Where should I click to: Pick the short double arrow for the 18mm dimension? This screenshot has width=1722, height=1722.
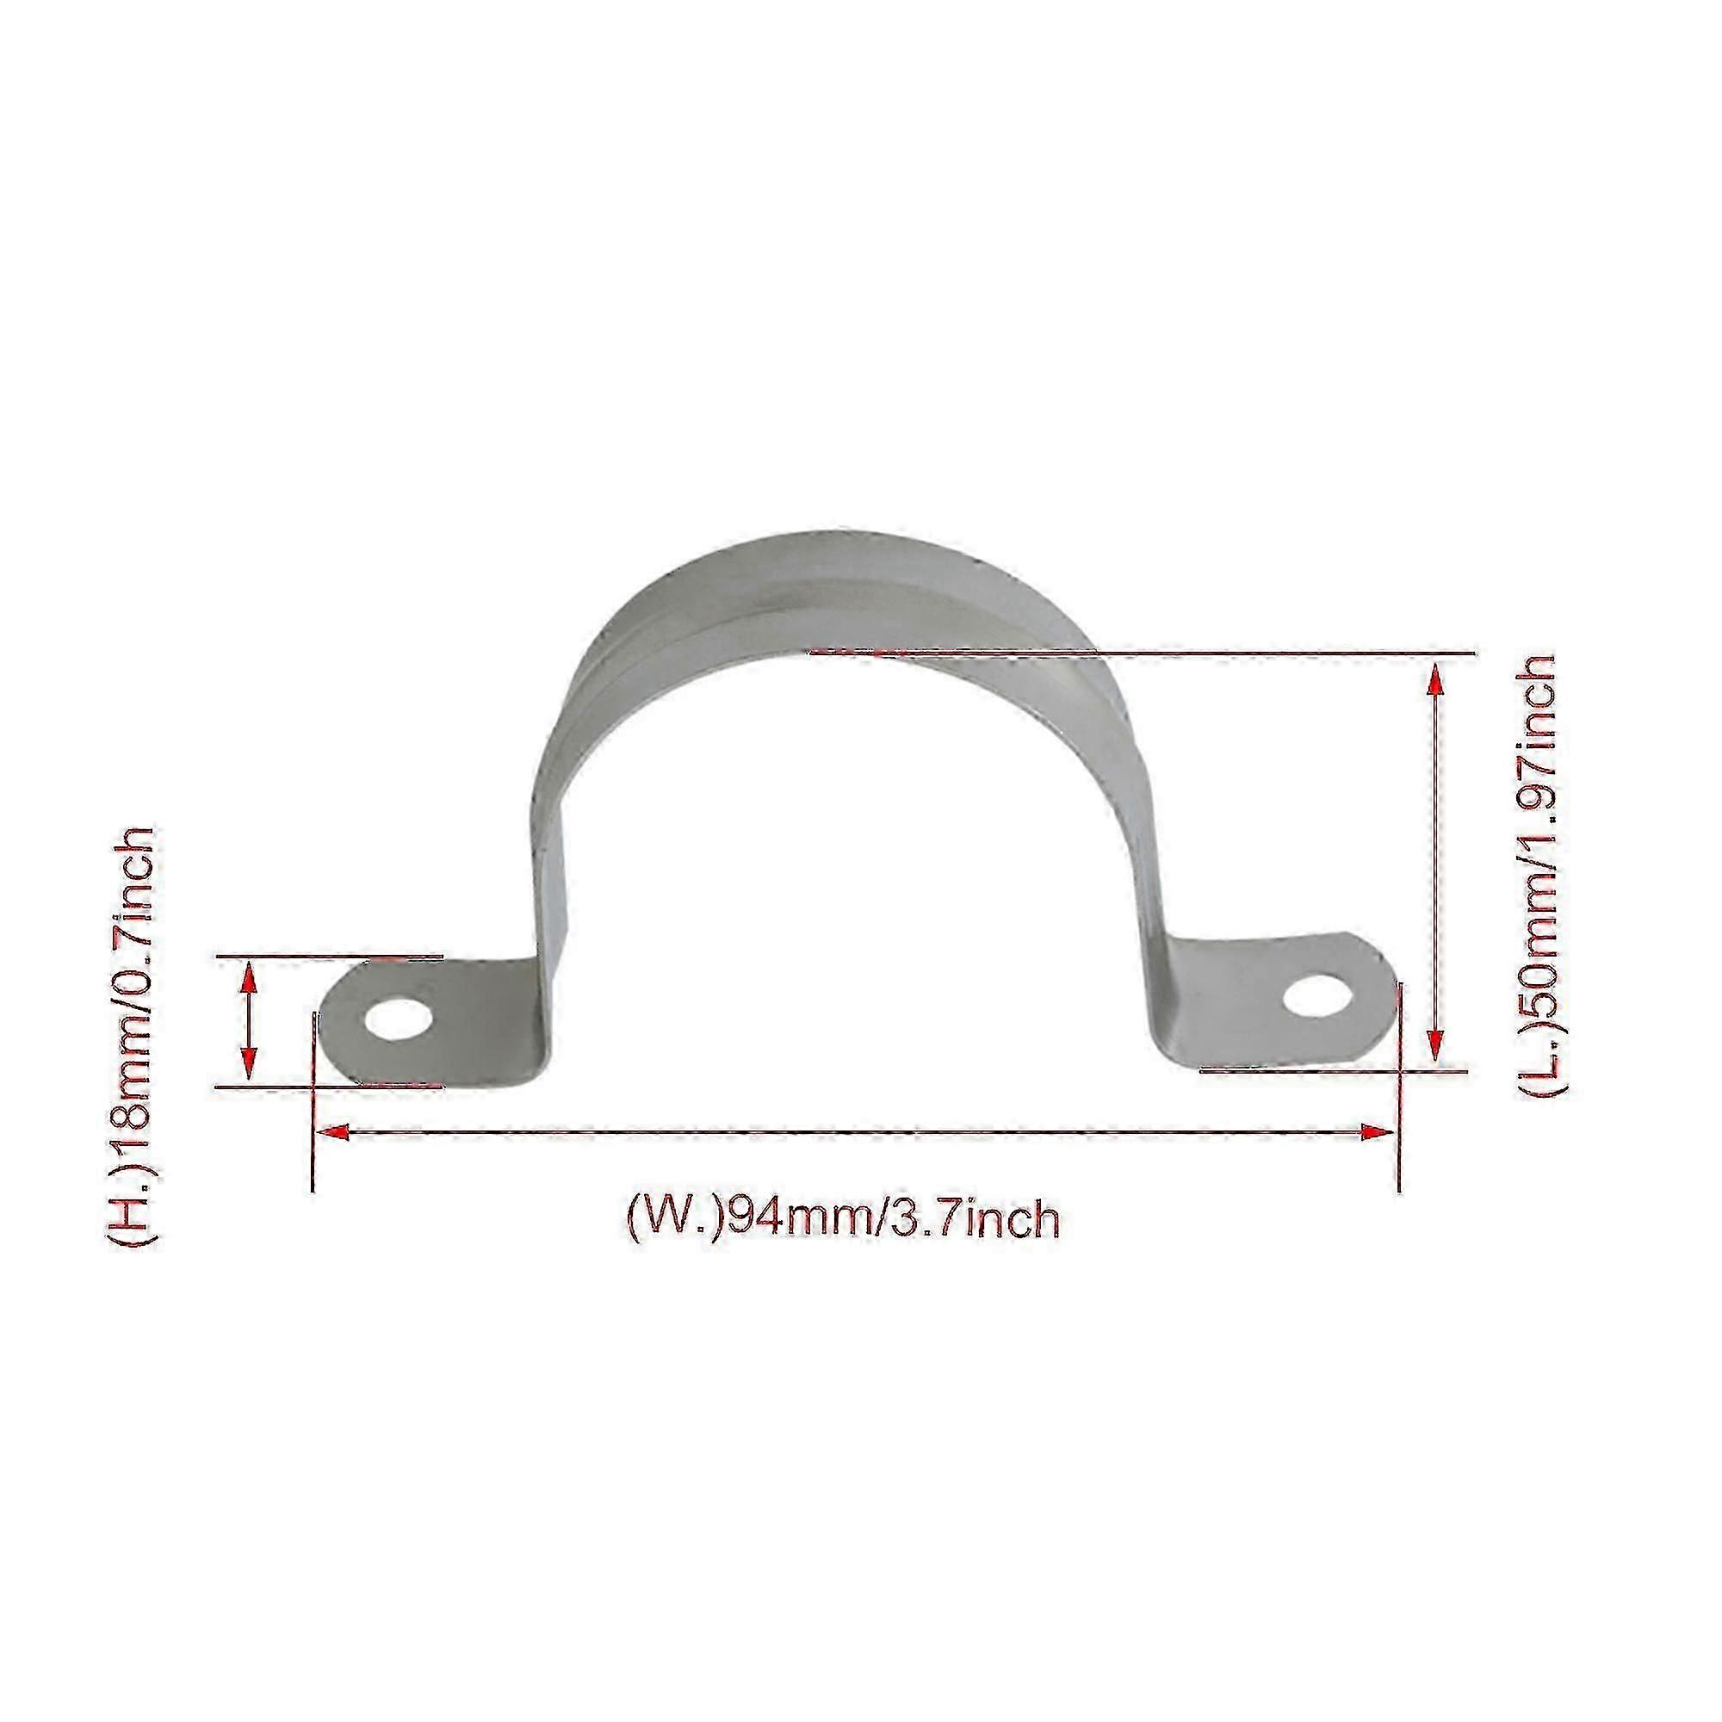coord(251,1022)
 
